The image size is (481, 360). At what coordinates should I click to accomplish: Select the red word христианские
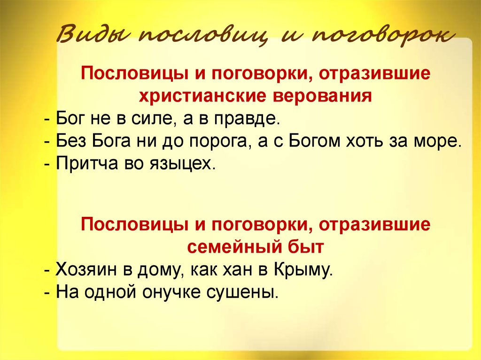point(202,96)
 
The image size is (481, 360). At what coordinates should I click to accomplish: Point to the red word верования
point(322,96)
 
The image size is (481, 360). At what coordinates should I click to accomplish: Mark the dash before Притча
point(48,165)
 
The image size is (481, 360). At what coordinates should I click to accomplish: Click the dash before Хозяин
point(48,271)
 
